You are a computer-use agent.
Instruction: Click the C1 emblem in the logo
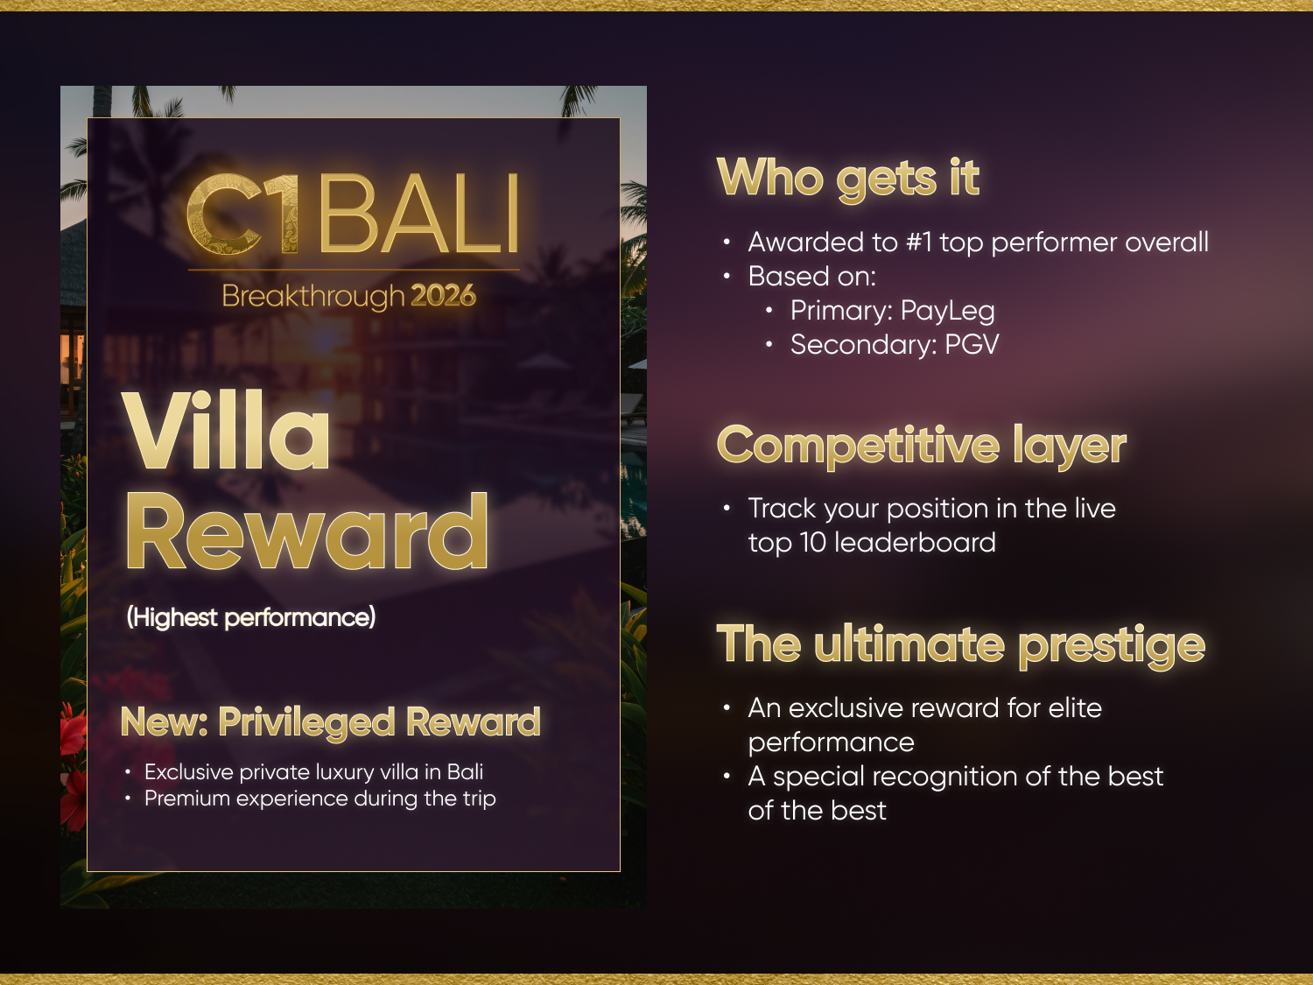click(242, 215)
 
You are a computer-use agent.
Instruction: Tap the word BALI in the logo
click(419, 214)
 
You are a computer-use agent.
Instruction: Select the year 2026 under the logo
click(443, 295)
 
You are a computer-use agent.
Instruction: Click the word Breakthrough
click(313, 297)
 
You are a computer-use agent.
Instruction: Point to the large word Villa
click(226, 430)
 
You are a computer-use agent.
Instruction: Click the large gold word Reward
click(307, 531)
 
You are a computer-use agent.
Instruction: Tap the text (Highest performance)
click(251, 617)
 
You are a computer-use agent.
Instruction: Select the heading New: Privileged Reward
click(331, 721)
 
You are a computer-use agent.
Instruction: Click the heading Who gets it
click(848, 179)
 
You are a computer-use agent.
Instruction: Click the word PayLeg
click(947, 312)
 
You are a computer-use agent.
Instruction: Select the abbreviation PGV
click(972, 344)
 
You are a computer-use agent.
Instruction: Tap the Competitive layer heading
click(922, 447)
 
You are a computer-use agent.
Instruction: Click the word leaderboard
click(916, 543)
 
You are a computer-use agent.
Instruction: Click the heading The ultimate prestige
click(960, 645)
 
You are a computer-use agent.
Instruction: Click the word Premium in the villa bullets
click(187, 799)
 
